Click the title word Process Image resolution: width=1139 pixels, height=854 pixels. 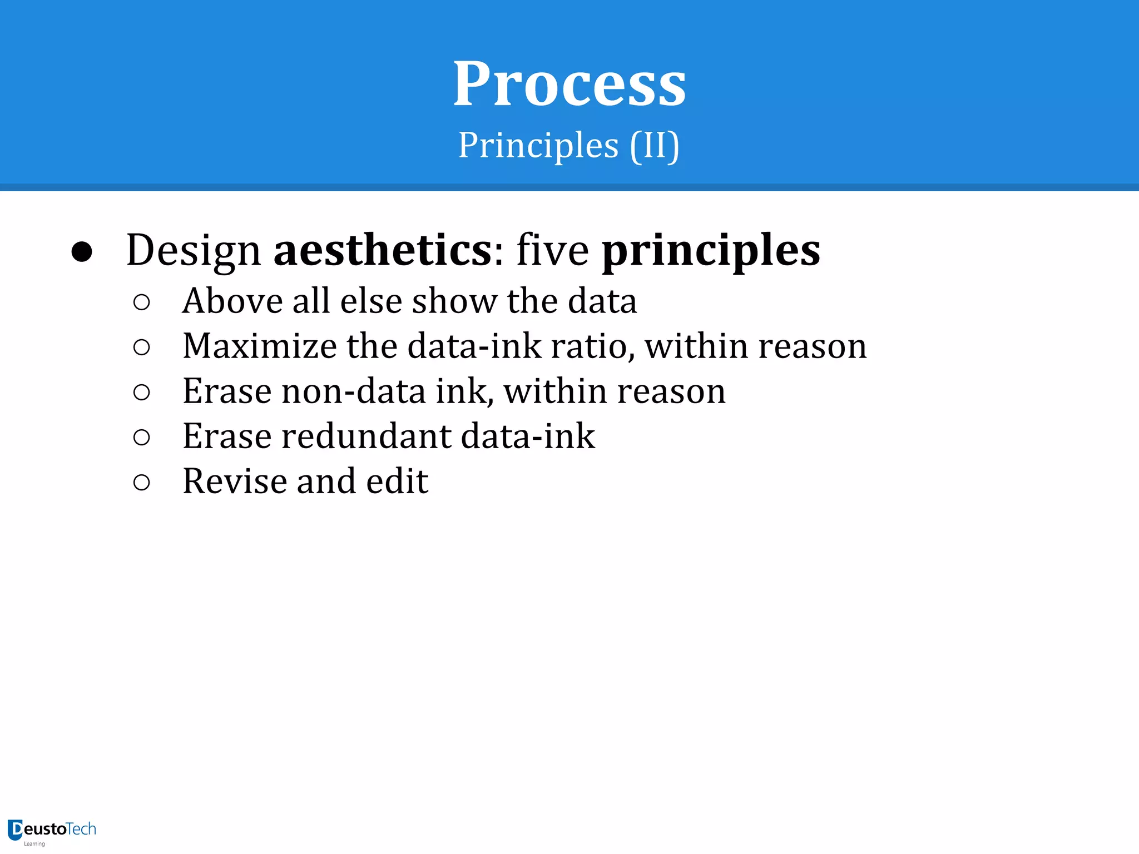[x=569, y=85]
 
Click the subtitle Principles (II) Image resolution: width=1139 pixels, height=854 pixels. [x=568, y=146]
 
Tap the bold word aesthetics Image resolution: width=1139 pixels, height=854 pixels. [x=383, y=250]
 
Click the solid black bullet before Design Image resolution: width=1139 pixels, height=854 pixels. [x=82, y=252]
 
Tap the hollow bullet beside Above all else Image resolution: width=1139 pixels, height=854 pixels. [x=142, y=302]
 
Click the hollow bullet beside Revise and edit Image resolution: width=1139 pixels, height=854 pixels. [x=142, y=482]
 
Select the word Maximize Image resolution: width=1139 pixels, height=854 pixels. [x=259, y=346]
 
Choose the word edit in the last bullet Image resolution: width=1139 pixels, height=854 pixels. [x=397, y=481]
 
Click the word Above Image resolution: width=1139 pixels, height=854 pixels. [x=232, y=301]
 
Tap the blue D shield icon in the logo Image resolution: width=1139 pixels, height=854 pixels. [x=15, y=830]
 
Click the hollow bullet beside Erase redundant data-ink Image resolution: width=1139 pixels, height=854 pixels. [x=142, y=438]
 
